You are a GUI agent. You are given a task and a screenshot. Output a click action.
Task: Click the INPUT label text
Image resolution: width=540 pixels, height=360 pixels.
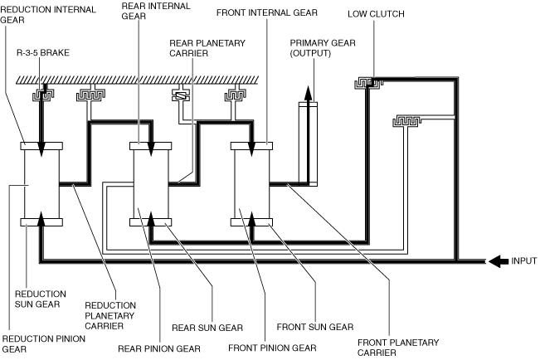click(x=523, y=260)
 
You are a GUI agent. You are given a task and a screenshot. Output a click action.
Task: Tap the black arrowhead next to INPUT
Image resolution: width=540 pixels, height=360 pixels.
click(x=496, y=260)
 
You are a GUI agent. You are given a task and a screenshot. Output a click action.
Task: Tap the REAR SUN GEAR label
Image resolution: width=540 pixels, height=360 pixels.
click(x=196, y=326)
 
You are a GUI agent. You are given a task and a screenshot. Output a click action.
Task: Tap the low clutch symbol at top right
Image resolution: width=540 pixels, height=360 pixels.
click(x=366, y=82)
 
